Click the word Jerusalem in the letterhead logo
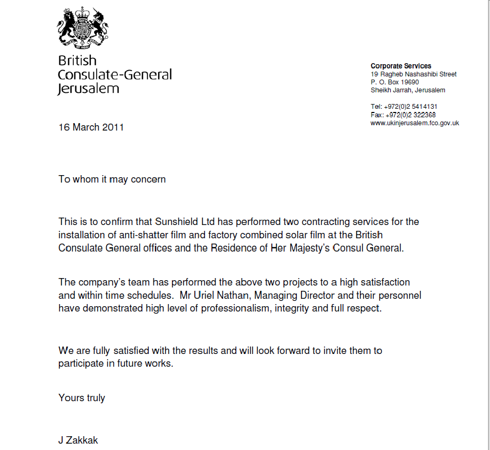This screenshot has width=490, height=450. click(x=89, y=89)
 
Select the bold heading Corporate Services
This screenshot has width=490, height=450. click(x=401, y=66)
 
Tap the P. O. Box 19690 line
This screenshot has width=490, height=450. click(x=394, y=82)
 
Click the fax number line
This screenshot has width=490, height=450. click(x=403, y=115)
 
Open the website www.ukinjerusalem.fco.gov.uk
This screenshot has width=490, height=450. click(x=415, y=123)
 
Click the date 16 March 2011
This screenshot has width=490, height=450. click(x=91, y=127)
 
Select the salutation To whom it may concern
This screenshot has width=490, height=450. click(x=112, y=179)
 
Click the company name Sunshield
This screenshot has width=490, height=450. click(x=174, y=221)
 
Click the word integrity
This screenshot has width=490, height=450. click(x=292, y=309)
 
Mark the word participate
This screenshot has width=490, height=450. click(x=81, y=365)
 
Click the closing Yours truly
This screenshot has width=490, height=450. click(x=82, y=398)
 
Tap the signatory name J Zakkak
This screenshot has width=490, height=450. click(x=78, y=440)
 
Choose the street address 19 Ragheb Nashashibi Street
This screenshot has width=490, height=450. click(x=413, y=74)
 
